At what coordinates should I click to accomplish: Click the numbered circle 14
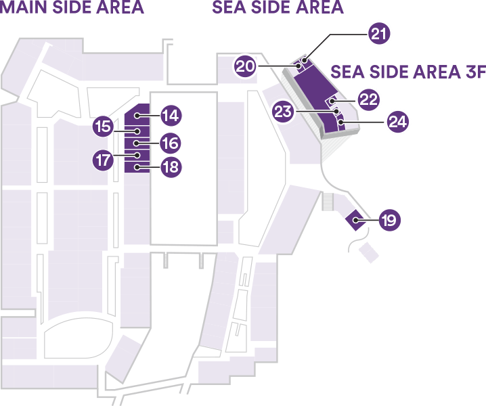coord(171,116)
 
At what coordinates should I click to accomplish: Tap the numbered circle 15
coord(103,127)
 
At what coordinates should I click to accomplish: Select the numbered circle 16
coord(171,143)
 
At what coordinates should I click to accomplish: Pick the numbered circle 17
coord(103,160)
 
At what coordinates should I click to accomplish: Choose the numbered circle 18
coord(171,167)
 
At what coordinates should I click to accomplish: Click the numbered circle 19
coord(390,220)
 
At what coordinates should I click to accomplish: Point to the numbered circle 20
coord(245,66)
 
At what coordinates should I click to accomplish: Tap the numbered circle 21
coord(379,33)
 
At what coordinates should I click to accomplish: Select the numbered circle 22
coord(368,99)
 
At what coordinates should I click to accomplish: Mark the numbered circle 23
coord(283,112)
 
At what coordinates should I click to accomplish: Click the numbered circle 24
coord(398,122)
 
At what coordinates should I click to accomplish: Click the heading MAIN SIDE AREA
coord(72,7)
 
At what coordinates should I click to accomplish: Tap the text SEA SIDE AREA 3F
coord(408,72)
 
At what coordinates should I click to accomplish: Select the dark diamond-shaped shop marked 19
coord(355,220)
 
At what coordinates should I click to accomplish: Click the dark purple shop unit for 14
coord(137,115)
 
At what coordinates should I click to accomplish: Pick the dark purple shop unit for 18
coord(137,167)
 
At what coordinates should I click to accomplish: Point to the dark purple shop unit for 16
coord(137,143)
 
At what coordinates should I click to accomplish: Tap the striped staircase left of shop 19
coord(328,202)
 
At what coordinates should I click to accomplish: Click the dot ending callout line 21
coord(305,60)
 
